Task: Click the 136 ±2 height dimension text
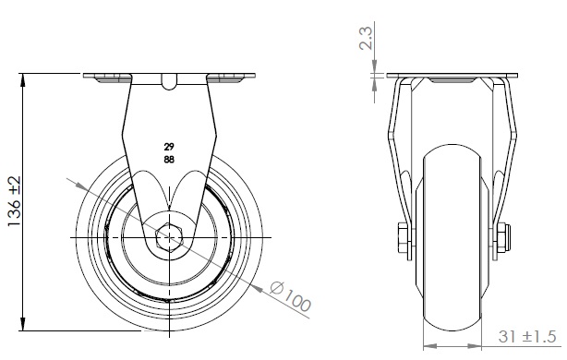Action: (x=15, y=201)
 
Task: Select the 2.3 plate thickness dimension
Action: (x=366, y=39)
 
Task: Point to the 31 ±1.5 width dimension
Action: (x=526, y=337)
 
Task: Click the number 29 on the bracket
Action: (x=169, y=147)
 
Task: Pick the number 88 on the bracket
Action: (x=169, y=159)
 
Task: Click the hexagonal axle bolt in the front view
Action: (x=169, y=237)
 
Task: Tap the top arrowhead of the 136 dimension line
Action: (x=23, y=80)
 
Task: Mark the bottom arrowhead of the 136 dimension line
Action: (x=23, y=324)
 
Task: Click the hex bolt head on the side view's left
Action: (x=403, y=237)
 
